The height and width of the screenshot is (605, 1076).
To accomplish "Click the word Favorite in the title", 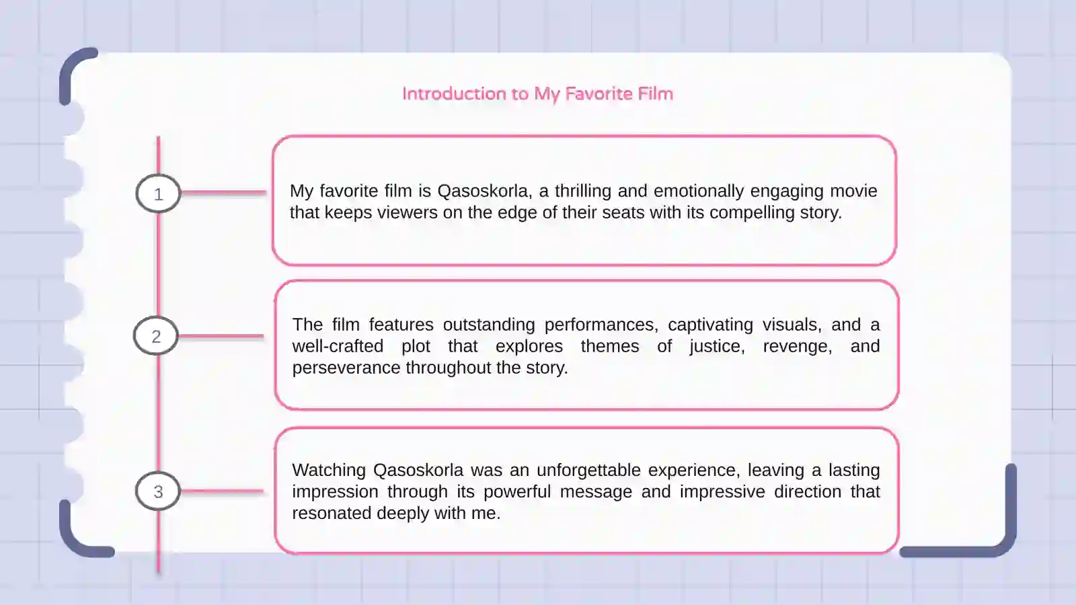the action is pos(599,93).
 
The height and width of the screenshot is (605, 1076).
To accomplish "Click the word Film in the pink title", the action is pos(655,93).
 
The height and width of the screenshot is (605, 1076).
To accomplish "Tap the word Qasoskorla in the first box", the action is pos(484,192).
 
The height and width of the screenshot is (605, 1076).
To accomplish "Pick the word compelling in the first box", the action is pos(752,213).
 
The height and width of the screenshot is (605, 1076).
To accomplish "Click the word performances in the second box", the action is pos(601,325).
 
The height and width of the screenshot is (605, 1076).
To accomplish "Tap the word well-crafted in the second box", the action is pos(338,346).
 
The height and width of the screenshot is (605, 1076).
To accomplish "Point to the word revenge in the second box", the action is pos(798,347).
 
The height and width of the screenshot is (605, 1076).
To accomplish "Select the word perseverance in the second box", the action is pos(346,368).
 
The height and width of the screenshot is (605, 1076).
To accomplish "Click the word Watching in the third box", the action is pos(329,471).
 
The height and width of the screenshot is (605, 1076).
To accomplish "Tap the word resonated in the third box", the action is pos(332,514).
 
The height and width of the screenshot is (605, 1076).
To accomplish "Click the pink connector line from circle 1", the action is pos(224,192).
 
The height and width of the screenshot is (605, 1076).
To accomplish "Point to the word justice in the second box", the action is pos(718,347).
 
